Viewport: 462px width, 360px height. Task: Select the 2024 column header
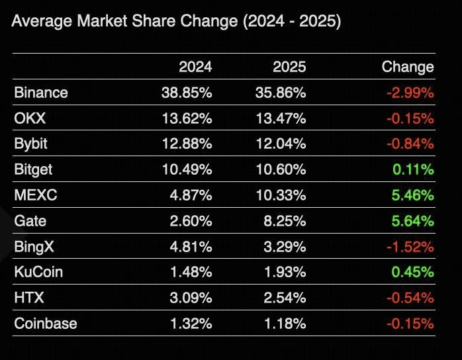coord(195,67)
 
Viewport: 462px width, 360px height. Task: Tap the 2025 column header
coord(289,67)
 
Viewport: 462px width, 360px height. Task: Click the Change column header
coord(408,67)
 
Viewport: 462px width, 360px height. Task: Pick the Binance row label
coord(41,93)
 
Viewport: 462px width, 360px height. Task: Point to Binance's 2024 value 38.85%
coord(187,93)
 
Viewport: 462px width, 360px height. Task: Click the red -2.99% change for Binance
coord(410,93)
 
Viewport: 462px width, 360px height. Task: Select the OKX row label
coord(28,118)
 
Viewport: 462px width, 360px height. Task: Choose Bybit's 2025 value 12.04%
coord(281,144)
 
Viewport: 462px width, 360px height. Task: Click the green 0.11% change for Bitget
coord(412,169)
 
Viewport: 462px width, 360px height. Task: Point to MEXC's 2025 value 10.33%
coord(281,195)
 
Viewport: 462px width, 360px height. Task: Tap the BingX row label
coord(34,247)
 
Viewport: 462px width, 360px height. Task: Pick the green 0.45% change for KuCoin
coord(412,272)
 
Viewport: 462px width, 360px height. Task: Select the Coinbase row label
coord(46,324)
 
